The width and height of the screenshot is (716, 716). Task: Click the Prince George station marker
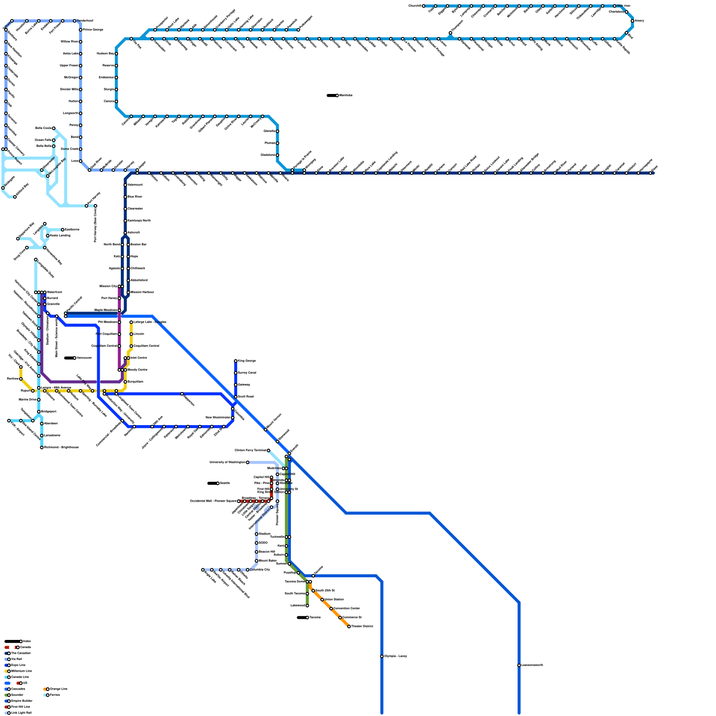point(81,30)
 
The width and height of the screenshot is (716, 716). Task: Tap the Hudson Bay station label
point(105,54)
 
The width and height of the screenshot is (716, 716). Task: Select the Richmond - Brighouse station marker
point(42,447)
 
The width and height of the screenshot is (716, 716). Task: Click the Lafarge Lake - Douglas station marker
point(131,322)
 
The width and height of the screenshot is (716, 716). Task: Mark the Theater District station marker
point(349,626)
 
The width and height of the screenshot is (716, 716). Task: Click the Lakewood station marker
point(307,606)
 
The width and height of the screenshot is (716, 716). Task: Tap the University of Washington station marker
point(247,462)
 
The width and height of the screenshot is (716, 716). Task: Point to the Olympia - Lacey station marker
point(382,656)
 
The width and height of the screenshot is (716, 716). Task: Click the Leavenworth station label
point(533,665)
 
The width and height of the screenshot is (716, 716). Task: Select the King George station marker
point(235,361)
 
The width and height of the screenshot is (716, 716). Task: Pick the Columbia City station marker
point(247,570)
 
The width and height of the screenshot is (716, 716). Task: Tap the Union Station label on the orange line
point(334,600)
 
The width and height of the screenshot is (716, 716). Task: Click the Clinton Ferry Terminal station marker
point(268,451)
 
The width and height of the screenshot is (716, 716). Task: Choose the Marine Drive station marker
point(39,400)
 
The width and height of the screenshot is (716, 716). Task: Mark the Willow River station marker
point(81,42)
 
